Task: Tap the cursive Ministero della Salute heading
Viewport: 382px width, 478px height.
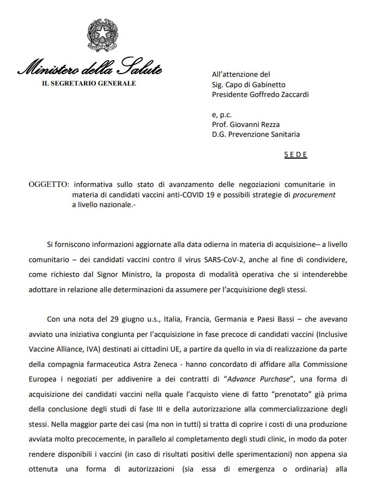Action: (89, 69)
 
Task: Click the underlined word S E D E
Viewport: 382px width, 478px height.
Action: (296, 155)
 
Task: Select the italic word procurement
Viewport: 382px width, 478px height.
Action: (315, 195)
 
